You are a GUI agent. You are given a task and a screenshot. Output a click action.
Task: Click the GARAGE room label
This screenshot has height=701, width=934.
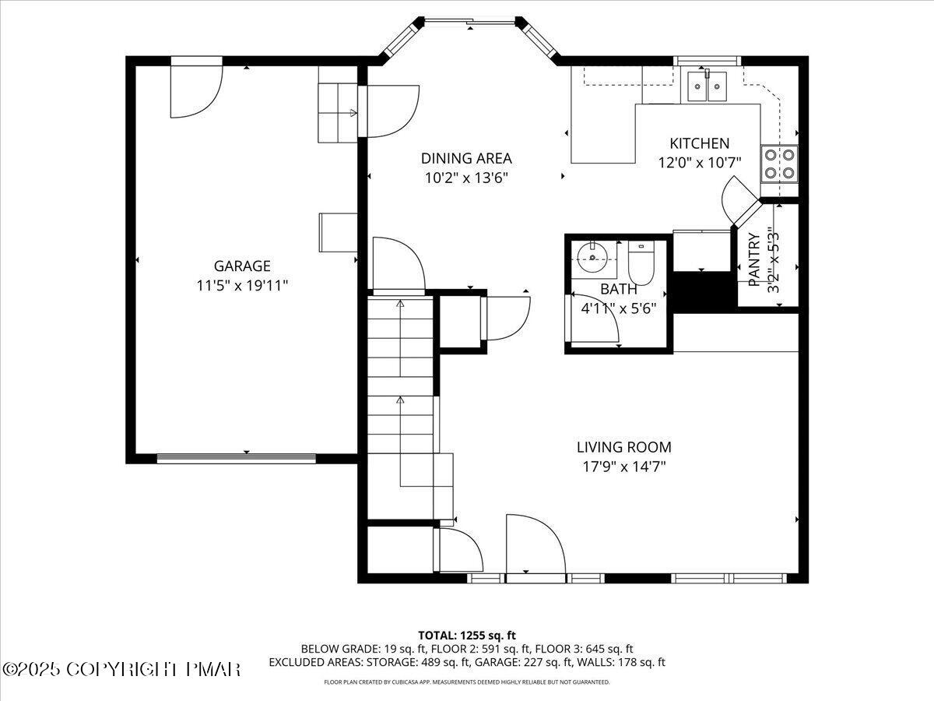(x=242, y=266)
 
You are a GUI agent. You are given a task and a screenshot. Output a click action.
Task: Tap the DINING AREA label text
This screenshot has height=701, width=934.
(x=467, y=158)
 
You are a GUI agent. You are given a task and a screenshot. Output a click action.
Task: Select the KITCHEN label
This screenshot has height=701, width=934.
(x=700, y=143)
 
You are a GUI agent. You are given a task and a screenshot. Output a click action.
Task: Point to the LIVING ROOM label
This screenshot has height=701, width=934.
(x=623, y=447)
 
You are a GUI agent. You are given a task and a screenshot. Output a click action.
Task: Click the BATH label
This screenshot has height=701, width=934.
(x=619, y=289)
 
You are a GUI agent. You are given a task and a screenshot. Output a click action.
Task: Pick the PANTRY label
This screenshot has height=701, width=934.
(x=753, y=260)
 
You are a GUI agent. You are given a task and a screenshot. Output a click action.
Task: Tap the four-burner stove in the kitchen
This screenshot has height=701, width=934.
(x=780, y=164)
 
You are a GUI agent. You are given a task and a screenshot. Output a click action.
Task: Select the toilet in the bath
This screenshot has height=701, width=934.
(x=643, y=262)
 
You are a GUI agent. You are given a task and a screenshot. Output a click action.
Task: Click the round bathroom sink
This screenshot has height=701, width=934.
(x=594, y=255)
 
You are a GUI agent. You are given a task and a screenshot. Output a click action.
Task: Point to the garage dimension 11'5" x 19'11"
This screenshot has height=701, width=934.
(x=242, y=286)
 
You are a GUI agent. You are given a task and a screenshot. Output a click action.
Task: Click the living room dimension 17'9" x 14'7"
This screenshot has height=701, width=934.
(x=623, y=467)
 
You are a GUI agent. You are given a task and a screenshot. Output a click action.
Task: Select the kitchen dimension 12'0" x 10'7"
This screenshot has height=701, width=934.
(x=700, y=163)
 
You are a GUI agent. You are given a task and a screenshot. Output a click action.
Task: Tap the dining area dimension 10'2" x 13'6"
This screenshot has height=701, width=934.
(x=467, y=178)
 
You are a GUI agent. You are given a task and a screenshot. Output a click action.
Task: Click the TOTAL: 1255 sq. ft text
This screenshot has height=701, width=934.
(x=467, y=636)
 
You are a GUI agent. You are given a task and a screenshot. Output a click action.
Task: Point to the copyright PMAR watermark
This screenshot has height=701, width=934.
(x=122, y=669)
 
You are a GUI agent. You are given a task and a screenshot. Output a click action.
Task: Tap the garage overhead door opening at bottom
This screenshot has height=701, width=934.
(x=237, y=458)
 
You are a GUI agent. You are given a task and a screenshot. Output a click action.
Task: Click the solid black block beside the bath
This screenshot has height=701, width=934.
(x=704, y=291)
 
